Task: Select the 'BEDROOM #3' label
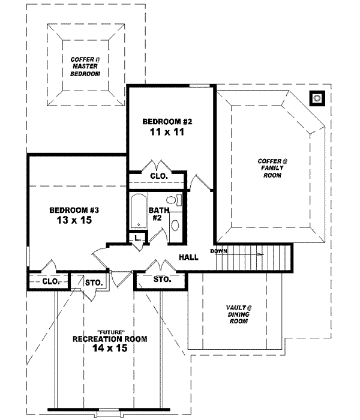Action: point(74,211)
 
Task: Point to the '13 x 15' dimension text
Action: point(74,221)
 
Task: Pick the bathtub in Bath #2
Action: point(139,211)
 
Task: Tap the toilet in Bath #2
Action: point(171,200)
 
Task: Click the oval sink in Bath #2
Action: point(175,226)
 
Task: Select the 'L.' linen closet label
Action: point(137,239)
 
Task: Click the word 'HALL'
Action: point(189,257)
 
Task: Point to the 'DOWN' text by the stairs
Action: point(218,251)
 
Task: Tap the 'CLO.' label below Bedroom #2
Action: point(158,176)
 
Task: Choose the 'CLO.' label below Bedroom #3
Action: point(51,281)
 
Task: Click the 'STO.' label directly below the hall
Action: point(163,280)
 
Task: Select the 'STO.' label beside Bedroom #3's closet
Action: point(94,281)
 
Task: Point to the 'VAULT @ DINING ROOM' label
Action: point(239,314)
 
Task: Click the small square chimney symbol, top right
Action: point(316,97)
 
